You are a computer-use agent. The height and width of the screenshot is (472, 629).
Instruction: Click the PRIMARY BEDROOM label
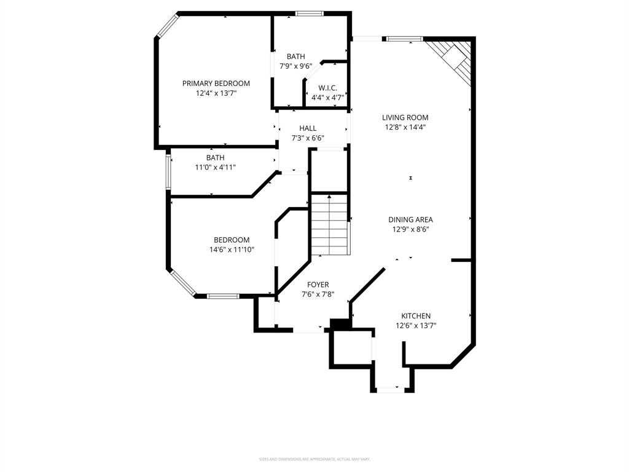pos(216,83)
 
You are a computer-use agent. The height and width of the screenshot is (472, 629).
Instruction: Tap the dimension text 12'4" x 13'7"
pos(216,93)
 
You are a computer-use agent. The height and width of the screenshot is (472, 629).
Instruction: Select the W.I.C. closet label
pos(327,88)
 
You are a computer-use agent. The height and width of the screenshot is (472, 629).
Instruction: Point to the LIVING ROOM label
pos(405,117)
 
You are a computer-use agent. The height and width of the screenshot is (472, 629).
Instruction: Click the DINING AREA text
pos(410,219)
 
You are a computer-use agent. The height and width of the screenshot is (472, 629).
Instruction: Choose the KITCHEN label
pos(416,316)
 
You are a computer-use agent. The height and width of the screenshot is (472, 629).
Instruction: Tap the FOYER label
pos(318,285)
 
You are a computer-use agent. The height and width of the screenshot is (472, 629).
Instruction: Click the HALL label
pos(308,128)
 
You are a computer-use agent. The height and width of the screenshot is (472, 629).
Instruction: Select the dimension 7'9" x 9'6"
pos(295,66)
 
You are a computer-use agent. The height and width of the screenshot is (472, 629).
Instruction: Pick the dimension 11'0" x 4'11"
pos(215,167)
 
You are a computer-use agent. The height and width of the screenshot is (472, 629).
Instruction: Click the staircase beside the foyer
pos(330,224)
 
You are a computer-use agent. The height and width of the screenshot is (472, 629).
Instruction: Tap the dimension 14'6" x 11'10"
pos(232,250)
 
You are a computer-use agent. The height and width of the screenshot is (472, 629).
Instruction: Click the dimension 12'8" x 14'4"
pos(405,127)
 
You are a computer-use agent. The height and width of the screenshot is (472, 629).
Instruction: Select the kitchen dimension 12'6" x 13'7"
pos(416,326)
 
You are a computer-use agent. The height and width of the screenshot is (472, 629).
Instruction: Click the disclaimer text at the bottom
pos(314,459)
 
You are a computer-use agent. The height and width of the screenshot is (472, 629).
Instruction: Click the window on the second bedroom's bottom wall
pos(222,296)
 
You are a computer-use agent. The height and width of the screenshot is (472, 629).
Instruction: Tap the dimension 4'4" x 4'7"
pos(327,98)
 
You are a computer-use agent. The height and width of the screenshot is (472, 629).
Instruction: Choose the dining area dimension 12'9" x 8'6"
pos(410,229)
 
